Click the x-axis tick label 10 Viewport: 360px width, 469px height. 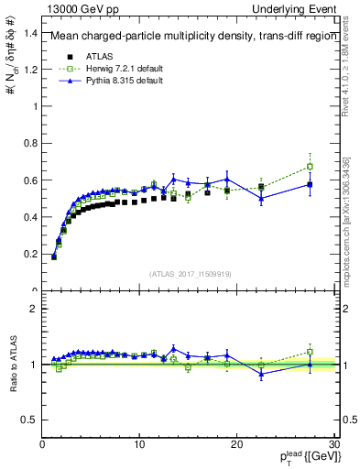(x=138, y=445)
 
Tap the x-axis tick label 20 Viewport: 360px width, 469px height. (x=236, y=445)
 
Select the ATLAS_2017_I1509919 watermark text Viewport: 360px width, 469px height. (x=189, y=273)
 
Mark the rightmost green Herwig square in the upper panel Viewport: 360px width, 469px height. (x=310, y=167)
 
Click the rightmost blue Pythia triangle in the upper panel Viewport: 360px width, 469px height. (x=310, y=184)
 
